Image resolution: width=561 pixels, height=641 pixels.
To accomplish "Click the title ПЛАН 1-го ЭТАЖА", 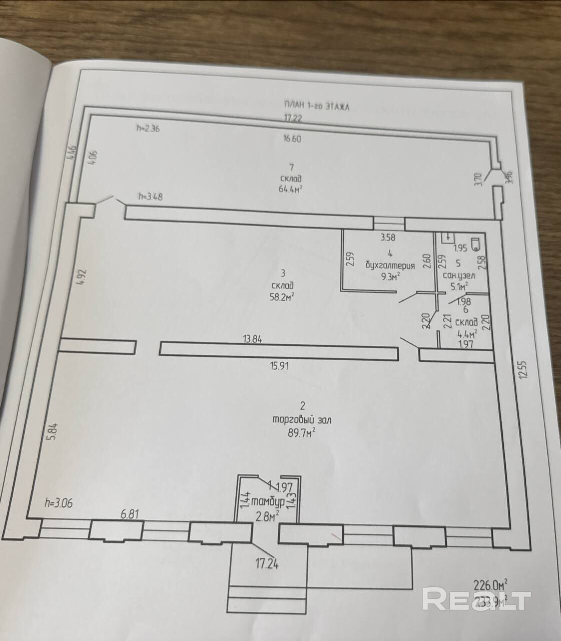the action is click(316, 106).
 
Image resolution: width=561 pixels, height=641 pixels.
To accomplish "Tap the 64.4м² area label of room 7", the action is click(291, 189).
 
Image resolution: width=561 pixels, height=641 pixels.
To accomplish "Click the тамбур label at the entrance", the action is click(268, 501).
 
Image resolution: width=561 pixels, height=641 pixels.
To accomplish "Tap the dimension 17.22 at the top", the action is click(294, 118).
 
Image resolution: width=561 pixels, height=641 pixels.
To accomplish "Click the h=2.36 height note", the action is click(148, 128).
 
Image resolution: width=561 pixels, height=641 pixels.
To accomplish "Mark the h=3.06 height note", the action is click(58, 503).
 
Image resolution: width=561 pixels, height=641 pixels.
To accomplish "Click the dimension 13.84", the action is click(252, 339).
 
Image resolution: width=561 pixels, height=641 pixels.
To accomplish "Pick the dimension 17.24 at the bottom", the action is click(267, 565).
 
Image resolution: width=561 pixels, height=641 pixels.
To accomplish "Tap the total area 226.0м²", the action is click(491, 583).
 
